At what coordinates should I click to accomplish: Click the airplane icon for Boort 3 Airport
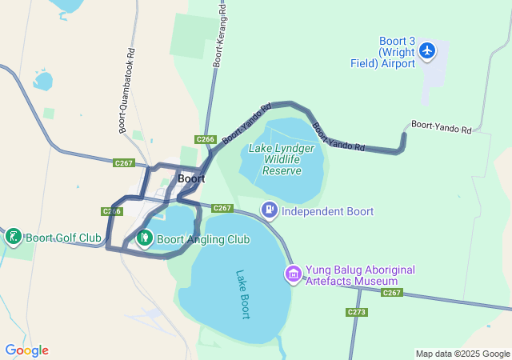click(426, 51)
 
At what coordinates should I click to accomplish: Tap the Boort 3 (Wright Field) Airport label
click(398, 53)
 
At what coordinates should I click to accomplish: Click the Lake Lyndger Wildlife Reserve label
click(286, 159)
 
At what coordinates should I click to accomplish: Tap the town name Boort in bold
click(192, 179)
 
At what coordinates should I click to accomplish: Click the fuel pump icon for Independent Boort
click(270, 210)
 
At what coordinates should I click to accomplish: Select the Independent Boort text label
click(328, 211)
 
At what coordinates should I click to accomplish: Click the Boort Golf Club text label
click(63, 238)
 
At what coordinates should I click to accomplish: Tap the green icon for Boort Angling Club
click(145, 238)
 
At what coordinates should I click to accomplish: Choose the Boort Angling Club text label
click(203, 239)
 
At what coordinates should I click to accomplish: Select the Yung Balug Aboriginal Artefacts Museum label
click(353, 275)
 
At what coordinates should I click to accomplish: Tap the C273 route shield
click(357, 312)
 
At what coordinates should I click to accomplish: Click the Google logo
click(26, 350)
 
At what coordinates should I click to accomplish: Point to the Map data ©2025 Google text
click(462, 354)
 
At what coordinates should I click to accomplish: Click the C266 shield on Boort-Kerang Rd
click(206, 139)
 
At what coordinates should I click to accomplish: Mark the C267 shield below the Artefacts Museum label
click(391, 293)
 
